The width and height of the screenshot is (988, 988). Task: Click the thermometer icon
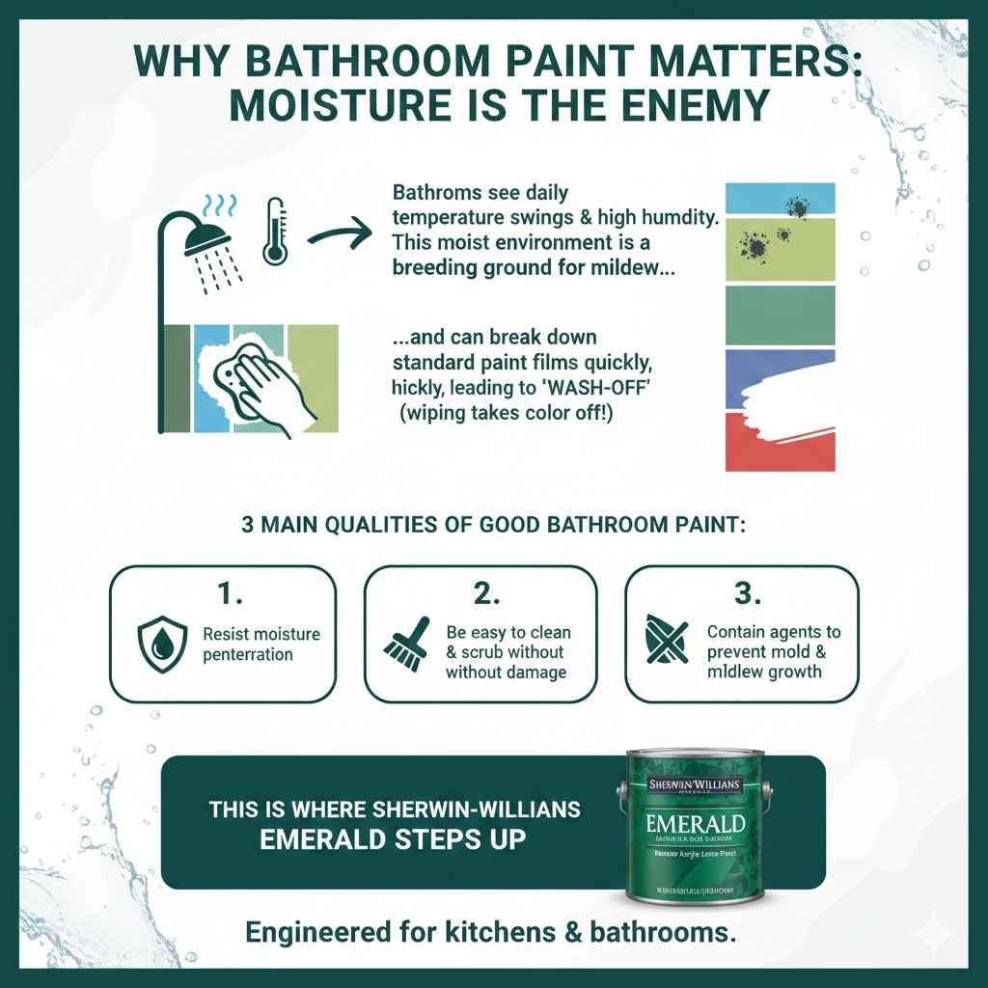[275, 232]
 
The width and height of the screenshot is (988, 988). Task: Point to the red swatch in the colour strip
[780, 442]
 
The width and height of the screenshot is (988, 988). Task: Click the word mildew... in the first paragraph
[622, 270]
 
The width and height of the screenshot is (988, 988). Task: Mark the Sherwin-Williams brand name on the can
[697, 785]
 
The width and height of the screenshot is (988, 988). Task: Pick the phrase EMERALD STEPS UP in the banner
[394, 837]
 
